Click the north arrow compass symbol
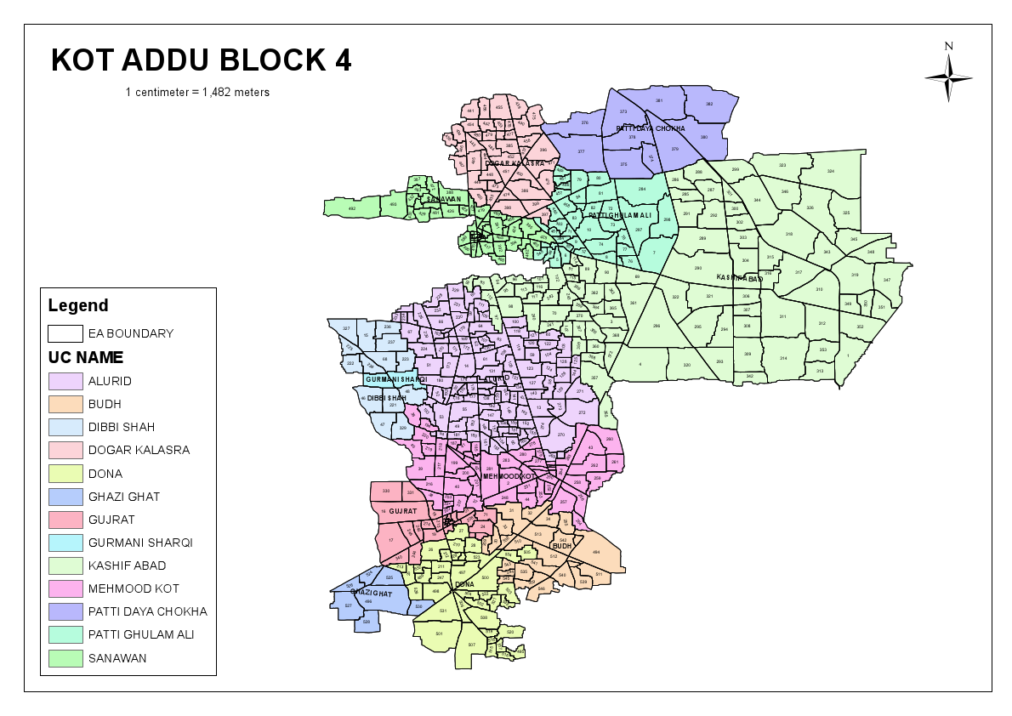point(948,77)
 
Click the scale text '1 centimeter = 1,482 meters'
point(197,92)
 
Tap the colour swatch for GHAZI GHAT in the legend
point(65,497)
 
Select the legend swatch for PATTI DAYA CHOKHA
point(65,611)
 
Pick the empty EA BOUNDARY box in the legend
point(65,333)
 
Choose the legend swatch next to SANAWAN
point(65,657)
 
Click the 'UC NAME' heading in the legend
point(86,358)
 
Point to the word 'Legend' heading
point(78,305)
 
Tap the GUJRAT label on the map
point(402,512)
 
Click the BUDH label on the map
point(562,546)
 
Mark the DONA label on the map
point(464,584)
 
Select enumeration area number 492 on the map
point(351,207)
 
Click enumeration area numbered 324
point(830,171)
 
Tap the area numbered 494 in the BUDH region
point(596,552)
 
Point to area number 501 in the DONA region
point(439,634)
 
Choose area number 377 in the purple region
point(581,151)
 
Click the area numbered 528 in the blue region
point(366,622)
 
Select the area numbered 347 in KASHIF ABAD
point(886,280)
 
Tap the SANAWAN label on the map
point(444,200)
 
